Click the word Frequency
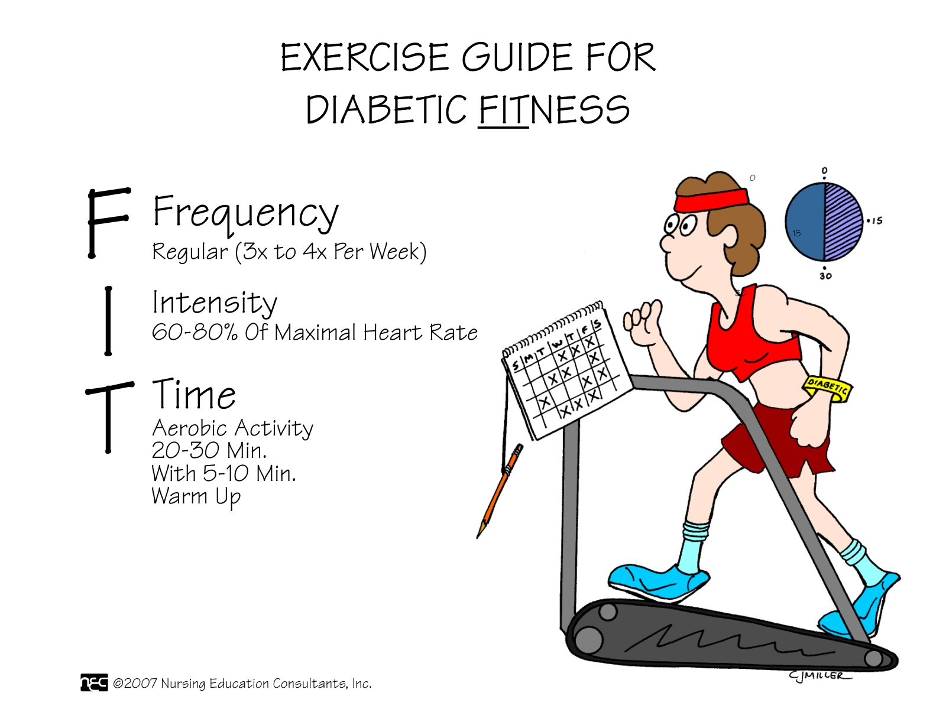[x=245, y=213]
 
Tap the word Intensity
[x=215, y=303]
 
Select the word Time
[x=193, y=394]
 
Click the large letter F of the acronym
[x=108, y=223]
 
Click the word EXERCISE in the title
[x=365, y=57]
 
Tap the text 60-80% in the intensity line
[x=195, y=332]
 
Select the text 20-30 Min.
[x=209, y=450]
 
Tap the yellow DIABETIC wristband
[x=827, y=388]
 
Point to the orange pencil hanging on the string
[x=500, y=491]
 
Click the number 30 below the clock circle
[x=825, y=276]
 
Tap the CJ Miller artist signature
[x=819, y=675]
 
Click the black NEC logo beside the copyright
[x=94, y=682]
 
